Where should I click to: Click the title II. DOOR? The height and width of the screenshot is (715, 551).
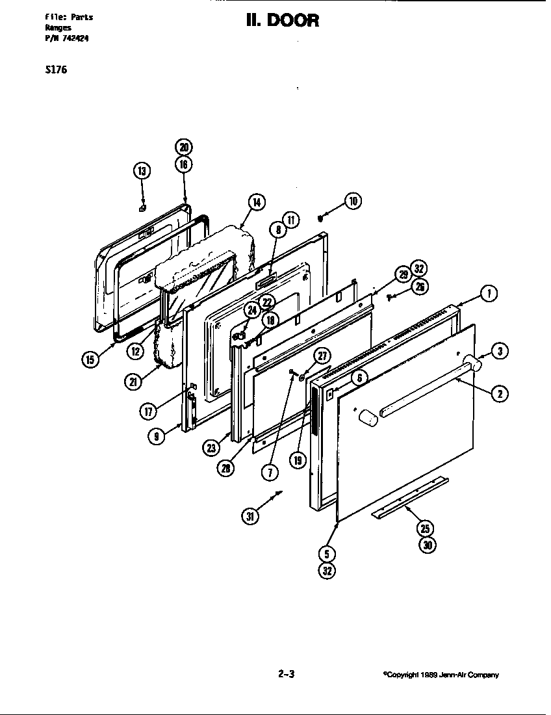tap(283, 21)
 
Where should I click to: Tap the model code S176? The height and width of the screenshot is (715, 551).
tap(56, 70)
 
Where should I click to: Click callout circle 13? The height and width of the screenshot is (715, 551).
tap(142, 172)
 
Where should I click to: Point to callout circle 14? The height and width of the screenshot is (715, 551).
tap(257, 203)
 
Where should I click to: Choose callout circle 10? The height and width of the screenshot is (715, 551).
tap(353, 201)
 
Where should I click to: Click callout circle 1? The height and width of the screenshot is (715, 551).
tap(489, 294)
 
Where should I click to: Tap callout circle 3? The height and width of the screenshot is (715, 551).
tap(499, 351)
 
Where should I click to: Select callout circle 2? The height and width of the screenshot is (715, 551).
tap(499, 393)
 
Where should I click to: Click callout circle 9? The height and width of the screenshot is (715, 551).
tap(155, 437)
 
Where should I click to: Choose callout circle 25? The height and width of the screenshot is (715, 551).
tap(427, 529)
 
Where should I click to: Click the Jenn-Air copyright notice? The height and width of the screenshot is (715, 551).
tap(441, 675)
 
